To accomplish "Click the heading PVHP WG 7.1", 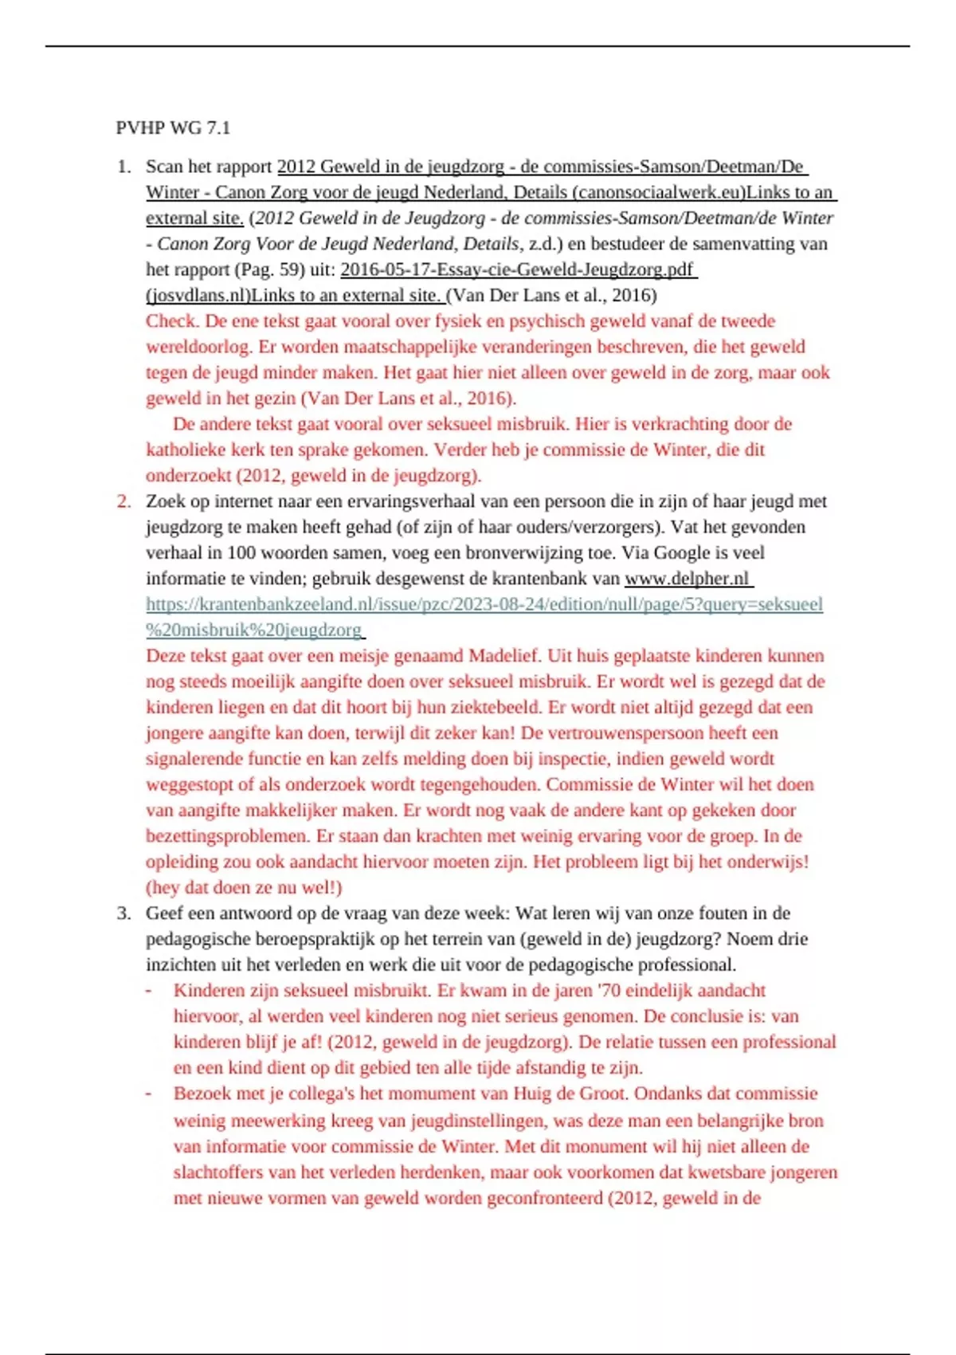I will tap(173, 128).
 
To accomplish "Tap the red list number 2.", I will tap(123, 501).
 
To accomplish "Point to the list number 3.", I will tap(123, 913).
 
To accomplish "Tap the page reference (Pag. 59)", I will tap(277, 269).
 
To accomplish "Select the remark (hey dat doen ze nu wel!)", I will tap(244, 888).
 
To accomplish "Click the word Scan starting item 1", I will tap(163, 167).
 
